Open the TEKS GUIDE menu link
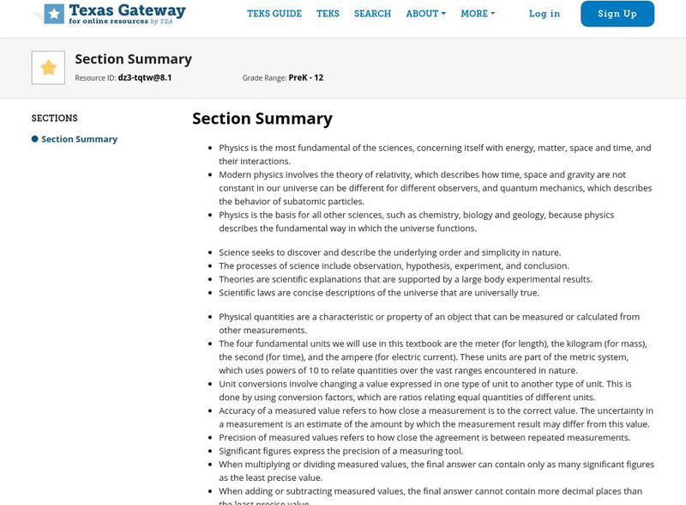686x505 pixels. click(x=274, y=14)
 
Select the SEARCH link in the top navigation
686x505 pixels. click(x=372, y=14)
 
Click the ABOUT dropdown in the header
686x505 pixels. click(x=425, y=14)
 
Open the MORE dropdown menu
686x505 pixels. click(x=478, y=14)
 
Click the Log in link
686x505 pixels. click(x=545, y=14)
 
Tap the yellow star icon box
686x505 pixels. click(x=48, y=68)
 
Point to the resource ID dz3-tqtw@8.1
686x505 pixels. click(x=145, y=77)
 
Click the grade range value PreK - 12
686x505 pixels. click(x=306, y=77)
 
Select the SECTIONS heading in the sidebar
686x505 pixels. click(x=55, y=119)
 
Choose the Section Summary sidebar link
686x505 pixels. click(x=80, y=139)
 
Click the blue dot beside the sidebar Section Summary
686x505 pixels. click(x=35, y=139)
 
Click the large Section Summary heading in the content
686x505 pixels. click(x=262, y=119)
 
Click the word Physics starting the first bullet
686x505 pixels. click(x=234, y=148)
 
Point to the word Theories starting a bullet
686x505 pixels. click(x=237, y=279)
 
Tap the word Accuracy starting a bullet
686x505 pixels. click(x=238, y=411)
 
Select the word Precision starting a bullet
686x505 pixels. click(x=239, y=437)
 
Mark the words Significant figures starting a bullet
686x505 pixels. click(x=256, y=451)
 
